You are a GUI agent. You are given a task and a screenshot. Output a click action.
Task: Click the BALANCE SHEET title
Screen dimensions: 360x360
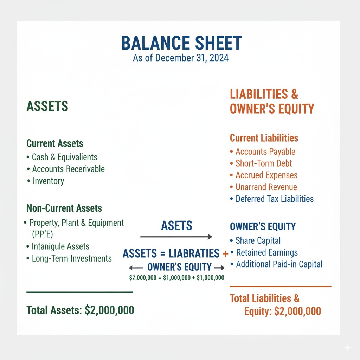(181, 43)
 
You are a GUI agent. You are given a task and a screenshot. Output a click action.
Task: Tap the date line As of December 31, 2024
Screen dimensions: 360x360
(181, 58)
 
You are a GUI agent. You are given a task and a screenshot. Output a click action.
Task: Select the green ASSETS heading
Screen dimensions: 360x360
(47, 106)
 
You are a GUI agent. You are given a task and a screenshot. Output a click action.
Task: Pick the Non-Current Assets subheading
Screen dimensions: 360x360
(64, 208)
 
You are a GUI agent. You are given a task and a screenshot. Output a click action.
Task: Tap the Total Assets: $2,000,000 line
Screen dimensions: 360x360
(80, 310)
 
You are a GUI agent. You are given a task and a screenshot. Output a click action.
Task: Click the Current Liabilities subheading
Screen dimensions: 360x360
(264, 138)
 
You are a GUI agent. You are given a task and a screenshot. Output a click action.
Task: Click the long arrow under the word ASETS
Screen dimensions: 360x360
(176, 237)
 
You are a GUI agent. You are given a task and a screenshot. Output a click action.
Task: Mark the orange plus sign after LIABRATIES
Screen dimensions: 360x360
(225, 253)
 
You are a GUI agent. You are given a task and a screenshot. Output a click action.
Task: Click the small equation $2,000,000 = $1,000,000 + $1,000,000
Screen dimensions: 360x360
(176, 278)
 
